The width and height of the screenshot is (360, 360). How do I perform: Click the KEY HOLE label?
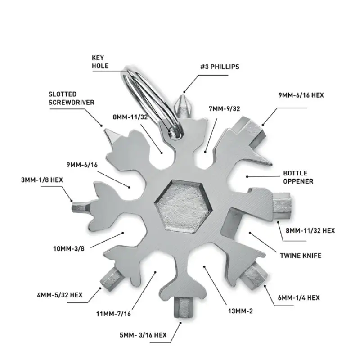tap(100, 62)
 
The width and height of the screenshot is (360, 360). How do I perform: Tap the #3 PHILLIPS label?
tap(220, 67)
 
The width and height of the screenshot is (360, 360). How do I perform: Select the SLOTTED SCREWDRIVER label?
tap(72, 98)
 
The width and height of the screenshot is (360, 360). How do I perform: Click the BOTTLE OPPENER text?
tap(298, 177)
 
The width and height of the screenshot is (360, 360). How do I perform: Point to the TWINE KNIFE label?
tap(301, 256)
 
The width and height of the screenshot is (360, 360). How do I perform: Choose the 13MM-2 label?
tap(240, 311)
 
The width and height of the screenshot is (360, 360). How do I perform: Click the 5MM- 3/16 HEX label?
tap(143, 335)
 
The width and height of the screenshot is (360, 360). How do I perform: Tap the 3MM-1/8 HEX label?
tap(42, 180)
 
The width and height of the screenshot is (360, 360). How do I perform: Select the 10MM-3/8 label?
tap(69, 249)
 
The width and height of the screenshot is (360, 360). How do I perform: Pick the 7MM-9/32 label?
tap(224, 108)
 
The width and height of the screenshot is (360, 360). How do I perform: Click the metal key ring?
tap(150, 101)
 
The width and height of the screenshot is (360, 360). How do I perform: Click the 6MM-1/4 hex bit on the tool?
tap(254, 275)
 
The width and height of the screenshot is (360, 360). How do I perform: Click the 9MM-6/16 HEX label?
tap(301, 95)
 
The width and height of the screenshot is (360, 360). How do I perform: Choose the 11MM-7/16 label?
tap(113, 314)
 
